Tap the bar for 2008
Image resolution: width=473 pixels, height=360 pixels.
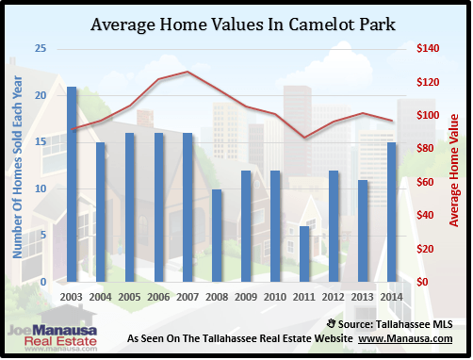tap(217, 236)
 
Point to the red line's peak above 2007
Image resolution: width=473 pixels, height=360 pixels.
tap(188, 72)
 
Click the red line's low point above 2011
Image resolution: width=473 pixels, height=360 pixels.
tap(303, 138)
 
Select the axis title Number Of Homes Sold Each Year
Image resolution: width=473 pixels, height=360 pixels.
tap(17, 166)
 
